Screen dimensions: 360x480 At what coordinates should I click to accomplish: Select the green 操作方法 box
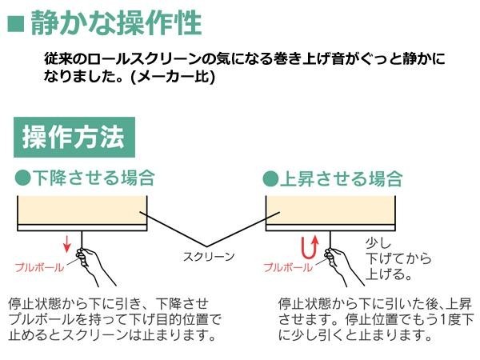point(74,137)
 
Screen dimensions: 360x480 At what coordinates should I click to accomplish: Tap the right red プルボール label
point(286,267)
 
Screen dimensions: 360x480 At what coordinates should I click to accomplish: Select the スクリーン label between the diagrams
point(209,257)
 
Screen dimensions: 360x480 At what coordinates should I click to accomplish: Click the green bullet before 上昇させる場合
point(270,178)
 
